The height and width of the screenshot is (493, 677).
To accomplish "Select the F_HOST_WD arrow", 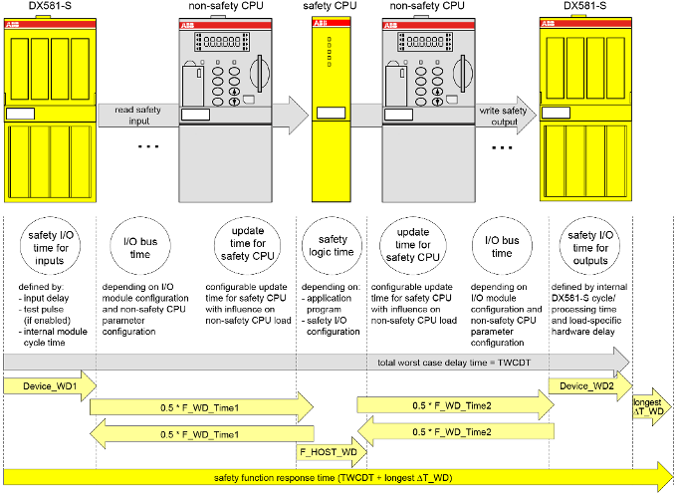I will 329,451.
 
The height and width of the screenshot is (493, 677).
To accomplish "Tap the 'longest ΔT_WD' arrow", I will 653,406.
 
